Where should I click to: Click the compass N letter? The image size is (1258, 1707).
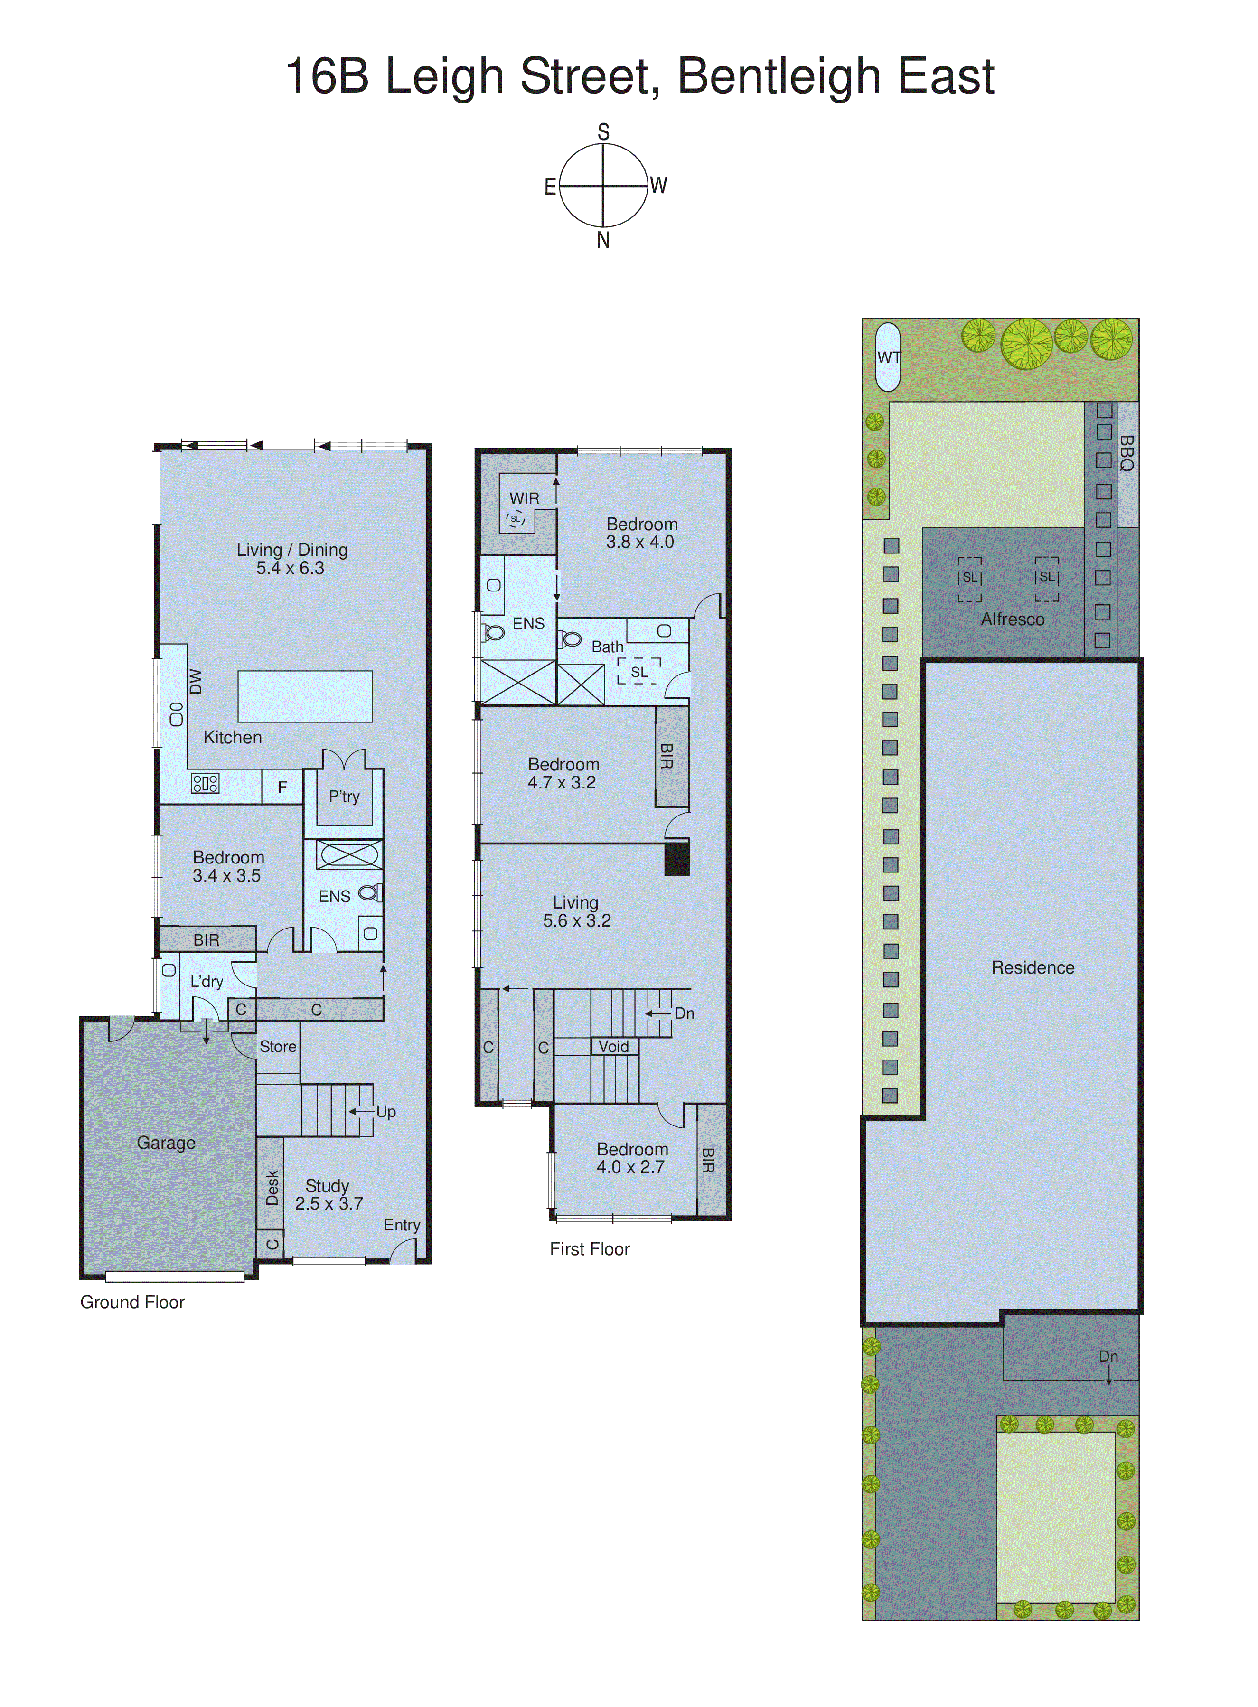(603, 241)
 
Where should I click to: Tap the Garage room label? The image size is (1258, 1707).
(166, 1143)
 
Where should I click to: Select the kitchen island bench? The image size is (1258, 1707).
(305, 696)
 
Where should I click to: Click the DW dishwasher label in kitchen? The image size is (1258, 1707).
(196, 682)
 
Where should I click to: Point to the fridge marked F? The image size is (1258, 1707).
(282, 787)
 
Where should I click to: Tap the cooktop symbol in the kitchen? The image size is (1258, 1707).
(205, 783)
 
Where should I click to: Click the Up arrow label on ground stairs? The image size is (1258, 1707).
(385, 1112)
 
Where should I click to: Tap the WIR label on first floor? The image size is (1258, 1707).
(524, 499)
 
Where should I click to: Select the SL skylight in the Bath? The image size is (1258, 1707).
(639, 672)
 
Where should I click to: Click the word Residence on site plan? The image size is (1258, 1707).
(1033, 968)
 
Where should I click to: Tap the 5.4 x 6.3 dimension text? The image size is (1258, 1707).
(290, 568)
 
